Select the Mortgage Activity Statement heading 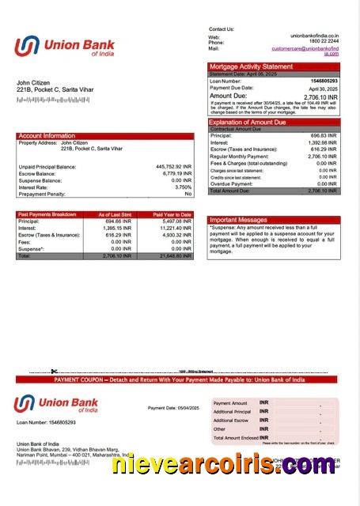click(250, 67)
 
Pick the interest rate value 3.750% click(181, 187)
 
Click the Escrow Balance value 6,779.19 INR click(172, 173)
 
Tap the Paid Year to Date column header click(172, 214)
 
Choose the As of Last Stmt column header click(115, 214)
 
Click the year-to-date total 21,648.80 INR click(173, 256)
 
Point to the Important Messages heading click(238, 220)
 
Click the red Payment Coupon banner click(180, 379)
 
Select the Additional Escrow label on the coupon click(232, 420)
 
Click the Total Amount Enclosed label click(236, 437)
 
